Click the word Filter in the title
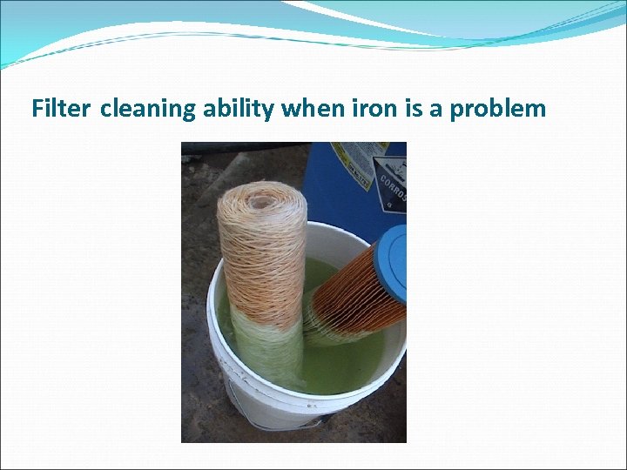[62, 109]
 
